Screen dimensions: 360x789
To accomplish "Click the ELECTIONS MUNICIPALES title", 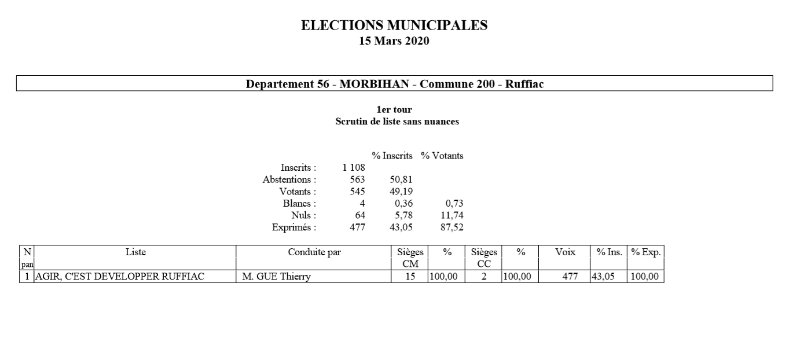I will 394,25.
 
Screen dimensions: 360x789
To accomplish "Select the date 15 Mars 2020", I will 394,41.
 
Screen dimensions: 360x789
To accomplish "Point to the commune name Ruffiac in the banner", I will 524,84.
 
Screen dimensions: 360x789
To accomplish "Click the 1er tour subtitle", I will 394,110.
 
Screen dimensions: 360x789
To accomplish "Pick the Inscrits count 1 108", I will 353,168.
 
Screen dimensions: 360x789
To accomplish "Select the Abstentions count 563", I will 357,179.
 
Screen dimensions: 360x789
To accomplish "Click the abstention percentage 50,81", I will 400,179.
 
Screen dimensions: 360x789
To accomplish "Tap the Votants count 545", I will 357,192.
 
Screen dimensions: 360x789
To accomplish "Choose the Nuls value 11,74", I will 452,215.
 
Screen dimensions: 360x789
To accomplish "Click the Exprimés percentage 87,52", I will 452,227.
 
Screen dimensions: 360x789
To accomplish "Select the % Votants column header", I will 442,156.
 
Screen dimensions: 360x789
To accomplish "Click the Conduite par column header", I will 314,252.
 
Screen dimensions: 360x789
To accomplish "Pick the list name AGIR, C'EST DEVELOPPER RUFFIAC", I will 120,277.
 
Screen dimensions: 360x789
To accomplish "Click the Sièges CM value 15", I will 410,277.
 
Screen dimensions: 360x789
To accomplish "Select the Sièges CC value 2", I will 483,277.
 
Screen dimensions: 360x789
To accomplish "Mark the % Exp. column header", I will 645,252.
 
